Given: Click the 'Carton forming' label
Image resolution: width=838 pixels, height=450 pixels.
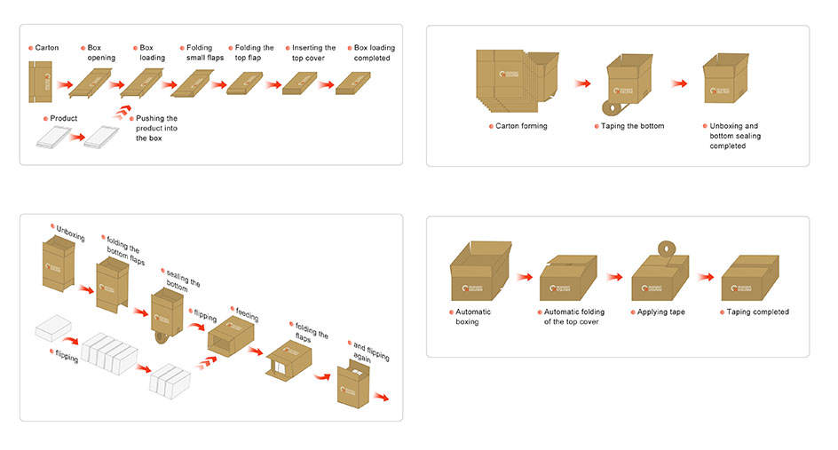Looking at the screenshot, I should [x=521, y=126].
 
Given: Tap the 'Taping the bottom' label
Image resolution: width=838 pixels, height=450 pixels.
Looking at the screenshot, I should [x=632, y=126].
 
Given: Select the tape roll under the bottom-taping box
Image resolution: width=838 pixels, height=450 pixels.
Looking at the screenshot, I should [x=610, y=108].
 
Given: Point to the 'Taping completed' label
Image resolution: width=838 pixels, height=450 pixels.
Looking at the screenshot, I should [x=757, y=312].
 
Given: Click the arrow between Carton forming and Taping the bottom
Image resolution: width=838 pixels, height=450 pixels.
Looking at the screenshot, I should [x=582, y=84].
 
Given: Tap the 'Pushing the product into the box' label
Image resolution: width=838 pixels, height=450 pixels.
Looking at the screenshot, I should [x=156, y=128].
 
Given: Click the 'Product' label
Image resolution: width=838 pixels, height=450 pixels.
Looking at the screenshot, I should [x=63, y=118].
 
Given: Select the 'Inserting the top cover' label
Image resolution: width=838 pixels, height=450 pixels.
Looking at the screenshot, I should [x=313, y=53].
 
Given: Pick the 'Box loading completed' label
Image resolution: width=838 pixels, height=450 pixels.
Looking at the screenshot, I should [x=374, y=53].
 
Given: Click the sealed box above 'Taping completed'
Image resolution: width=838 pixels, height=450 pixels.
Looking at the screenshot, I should [x=751, y=277].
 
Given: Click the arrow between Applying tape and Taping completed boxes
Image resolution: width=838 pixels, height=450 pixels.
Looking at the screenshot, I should [x=706, y=277].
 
